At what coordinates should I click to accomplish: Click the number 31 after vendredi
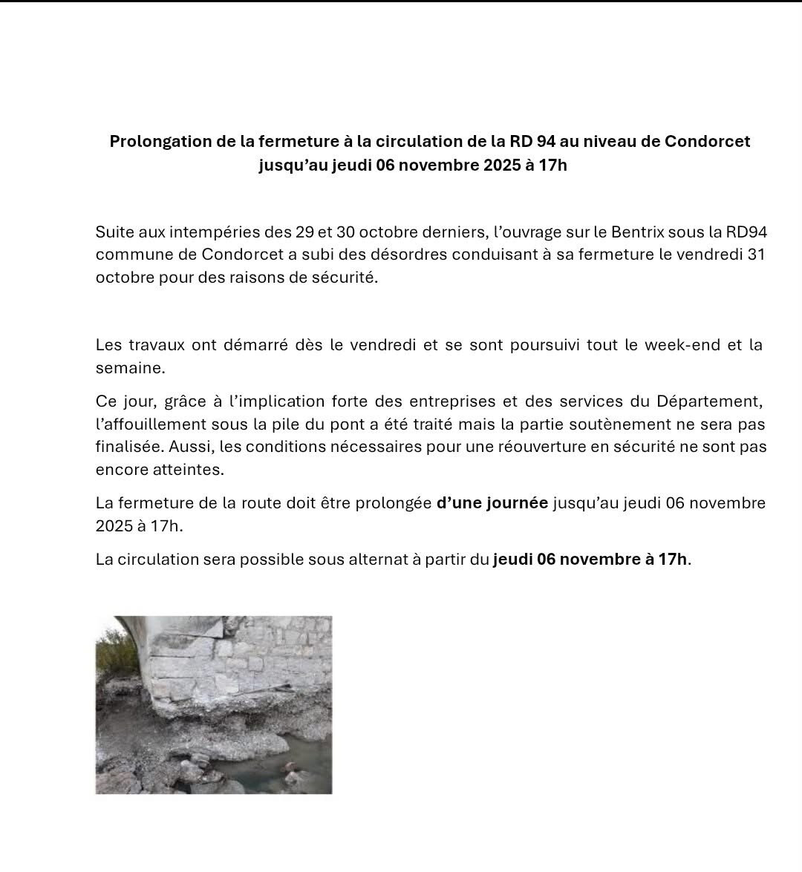point(756,255)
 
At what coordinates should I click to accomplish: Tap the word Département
point(709,401)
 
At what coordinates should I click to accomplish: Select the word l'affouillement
point(148,425)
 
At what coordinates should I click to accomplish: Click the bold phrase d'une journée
point(492,503)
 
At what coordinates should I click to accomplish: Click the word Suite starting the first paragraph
point(114,232)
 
